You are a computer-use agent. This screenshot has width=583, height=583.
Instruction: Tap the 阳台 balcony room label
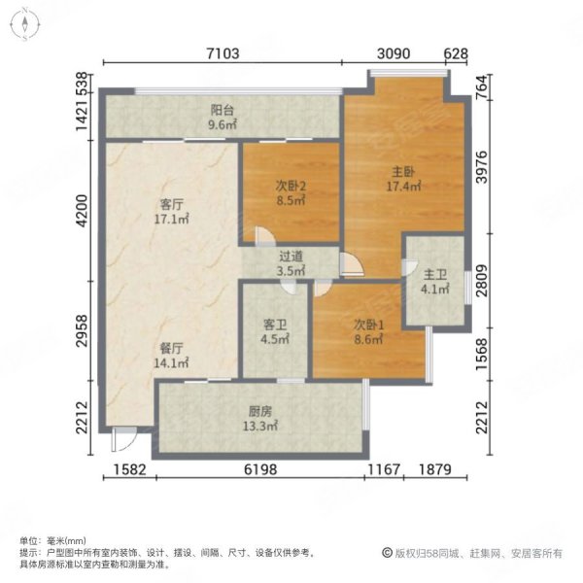223,110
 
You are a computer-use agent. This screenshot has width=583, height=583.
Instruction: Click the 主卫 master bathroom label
434,274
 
